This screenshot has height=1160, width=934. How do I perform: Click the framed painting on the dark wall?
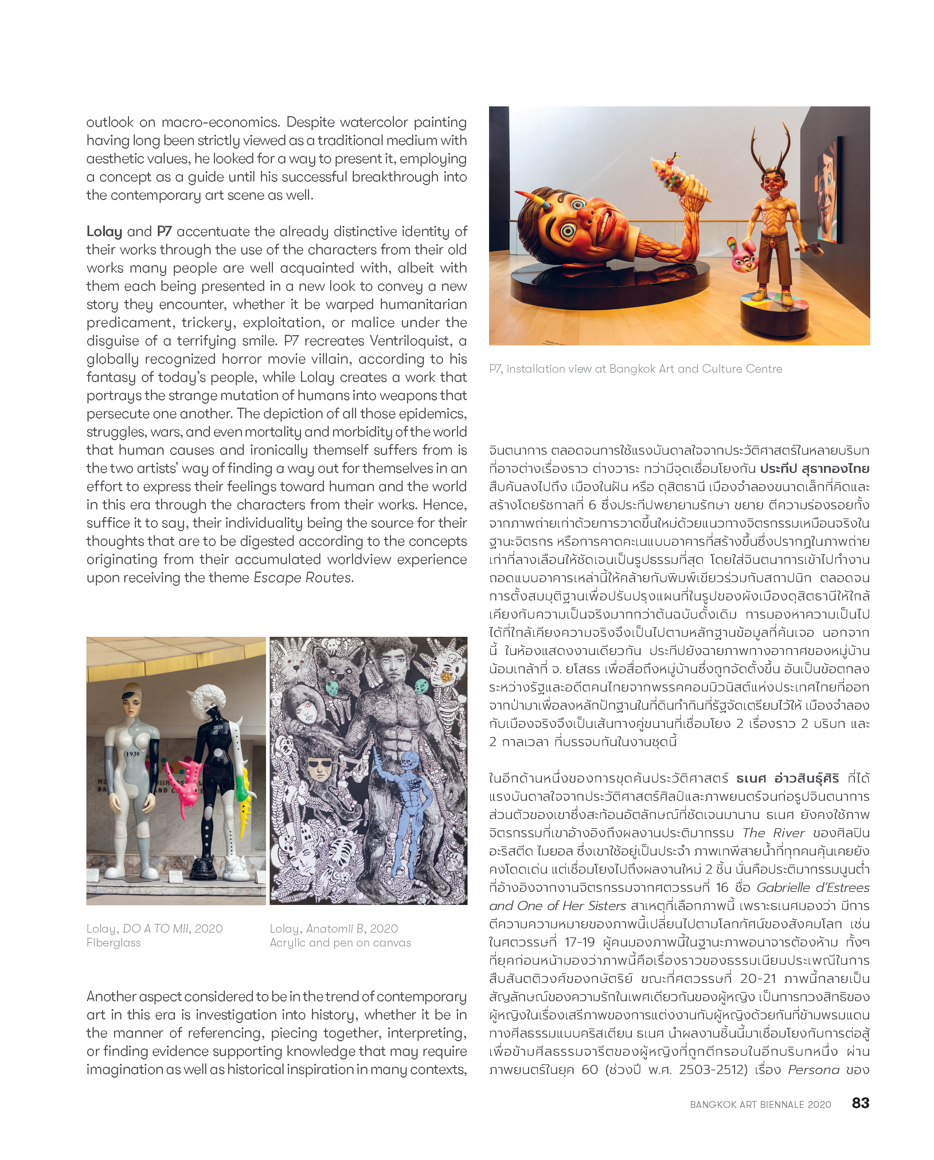click(829, 188)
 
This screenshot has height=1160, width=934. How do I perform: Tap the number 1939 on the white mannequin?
click(132, 754)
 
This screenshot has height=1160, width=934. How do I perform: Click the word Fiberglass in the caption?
click(114, 943)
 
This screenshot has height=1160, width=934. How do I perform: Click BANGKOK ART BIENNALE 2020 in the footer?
click(760, 1105)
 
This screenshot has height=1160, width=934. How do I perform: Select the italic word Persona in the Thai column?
click(813, 1070)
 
